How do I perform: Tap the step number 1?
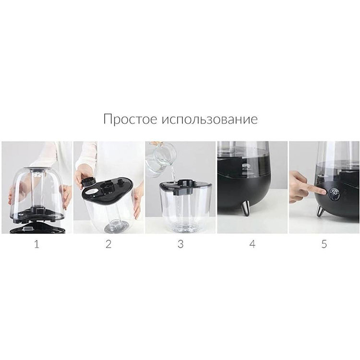click(x=36, y=244)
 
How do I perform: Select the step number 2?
click(x=108, y=244)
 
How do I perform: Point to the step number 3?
click(x=180, y=244)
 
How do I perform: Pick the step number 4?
click(x=252, y=244)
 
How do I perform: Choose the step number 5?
click(x=324, y=244)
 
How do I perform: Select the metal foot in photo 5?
click(x=319, y=210)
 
